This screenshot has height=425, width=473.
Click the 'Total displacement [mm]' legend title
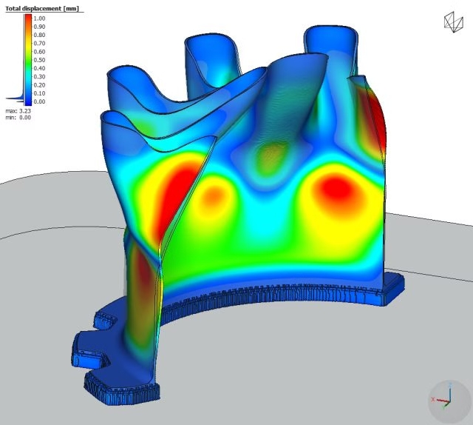[x=42, y=8]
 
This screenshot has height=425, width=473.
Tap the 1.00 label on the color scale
[x=39, y=19]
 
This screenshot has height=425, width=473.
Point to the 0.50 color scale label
[x=39, y=60]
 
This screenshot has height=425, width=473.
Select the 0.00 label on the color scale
[x=39, y=101]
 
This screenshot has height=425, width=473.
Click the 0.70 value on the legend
[x=39, y=44]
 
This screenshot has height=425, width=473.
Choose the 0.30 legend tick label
[x=39, y=77]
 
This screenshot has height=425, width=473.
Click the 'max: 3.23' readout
[x=18, y=111]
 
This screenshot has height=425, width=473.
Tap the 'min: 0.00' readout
[x=18, y=117]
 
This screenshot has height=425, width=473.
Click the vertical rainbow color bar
[x=28, y=59]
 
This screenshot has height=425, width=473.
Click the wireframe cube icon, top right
[x=453, y=21]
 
